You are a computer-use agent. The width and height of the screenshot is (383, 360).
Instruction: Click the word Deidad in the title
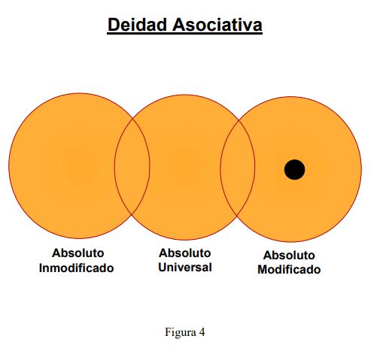pos(137,25)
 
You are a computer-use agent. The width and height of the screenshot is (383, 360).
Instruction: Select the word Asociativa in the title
pos(217,25)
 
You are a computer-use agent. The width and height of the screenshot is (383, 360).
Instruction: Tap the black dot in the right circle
pos(294,170)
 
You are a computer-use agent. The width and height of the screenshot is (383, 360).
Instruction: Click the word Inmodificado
pos(77,268)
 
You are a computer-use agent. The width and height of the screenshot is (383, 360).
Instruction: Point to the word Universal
pos(185,267)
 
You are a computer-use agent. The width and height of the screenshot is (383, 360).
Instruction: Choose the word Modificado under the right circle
pos(289,270)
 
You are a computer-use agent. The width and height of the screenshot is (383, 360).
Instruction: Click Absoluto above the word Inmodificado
pos(78,253)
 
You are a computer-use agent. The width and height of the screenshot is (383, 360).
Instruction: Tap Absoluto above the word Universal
pos(185,253)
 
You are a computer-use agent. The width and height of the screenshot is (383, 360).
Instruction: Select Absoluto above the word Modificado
pos(289,256)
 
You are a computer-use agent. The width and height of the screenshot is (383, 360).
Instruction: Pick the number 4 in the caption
pos(202,332)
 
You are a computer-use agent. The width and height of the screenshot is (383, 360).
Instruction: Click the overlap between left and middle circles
pos(132,166)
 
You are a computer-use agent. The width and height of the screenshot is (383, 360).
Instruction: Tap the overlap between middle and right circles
pos(238,168)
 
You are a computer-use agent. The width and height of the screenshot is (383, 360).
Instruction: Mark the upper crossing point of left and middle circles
pos(132,117)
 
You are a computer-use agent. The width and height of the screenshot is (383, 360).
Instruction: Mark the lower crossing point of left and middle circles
pos(132,215)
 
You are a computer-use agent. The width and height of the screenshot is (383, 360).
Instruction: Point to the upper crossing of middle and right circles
pos(239,120)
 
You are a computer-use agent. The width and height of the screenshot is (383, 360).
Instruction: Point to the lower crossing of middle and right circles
pos(237,216)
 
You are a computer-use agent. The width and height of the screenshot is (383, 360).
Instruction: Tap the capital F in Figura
pos(168,332)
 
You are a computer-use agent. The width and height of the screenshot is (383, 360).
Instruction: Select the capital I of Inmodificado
pos(41,268)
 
